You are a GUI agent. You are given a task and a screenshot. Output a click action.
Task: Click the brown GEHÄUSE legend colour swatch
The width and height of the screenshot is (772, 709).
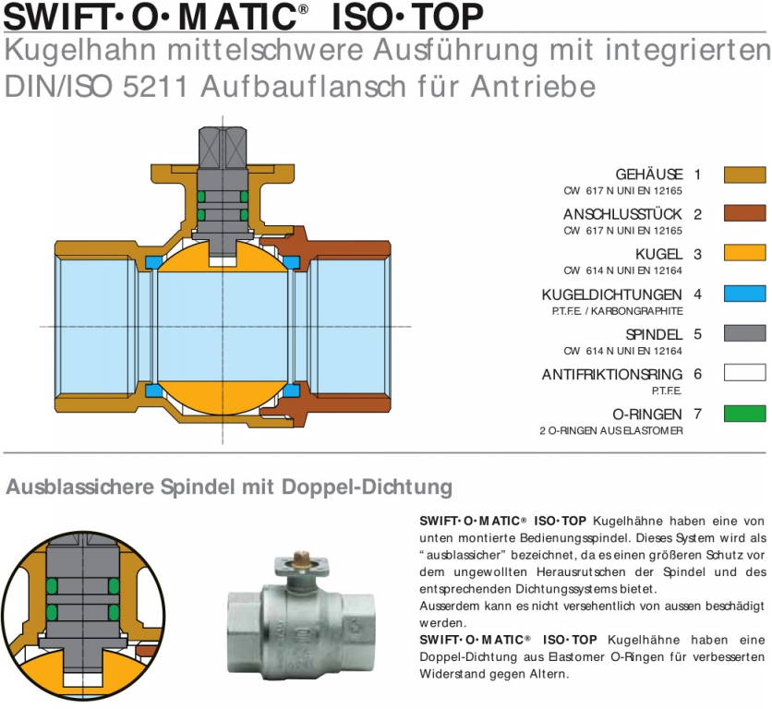click(744, 174)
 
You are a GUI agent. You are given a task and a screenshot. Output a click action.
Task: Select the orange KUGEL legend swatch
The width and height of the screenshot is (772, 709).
click(744, 253)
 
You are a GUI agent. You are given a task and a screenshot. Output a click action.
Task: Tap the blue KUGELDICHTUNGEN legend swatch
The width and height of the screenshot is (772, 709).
click(744, 294)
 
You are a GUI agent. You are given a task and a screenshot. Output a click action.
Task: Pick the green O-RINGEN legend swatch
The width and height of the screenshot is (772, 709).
click(744, 413)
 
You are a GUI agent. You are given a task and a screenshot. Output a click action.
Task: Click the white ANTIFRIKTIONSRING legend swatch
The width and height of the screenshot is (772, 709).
click(744, 373)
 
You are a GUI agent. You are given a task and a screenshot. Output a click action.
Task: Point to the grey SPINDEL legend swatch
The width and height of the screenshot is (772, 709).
click(744, 333)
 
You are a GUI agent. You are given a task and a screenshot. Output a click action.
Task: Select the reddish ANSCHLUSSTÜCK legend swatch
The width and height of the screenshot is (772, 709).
click(744, 213)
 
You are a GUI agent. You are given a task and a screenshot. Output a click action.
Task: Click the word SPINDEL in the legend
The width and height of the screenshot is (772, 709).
click(654, 335)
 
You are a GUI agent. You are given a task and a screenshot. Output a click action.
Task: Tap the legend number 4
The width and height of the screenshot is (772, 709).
click(697, 294)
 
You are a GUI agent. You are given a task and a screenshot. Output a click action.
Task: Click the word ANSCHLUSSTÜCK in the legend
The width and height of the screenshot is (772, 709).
click(622, 215)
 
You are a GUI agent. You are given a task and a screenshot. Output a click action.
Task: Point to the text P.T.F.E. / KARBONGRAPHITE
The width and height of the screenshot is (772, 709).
click(618, 311)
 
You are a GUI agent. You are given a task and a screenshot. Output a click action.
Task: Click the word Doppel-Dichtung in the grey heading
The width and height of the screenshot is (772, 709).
click(367, 487)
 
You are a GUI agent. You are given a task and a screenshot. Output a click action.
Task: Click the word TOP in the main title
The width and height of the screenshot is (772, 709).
click(447, 18)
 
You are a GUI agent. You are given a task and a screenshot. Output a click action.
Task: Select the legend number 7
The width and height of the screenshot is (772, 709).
click(697, 414)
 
